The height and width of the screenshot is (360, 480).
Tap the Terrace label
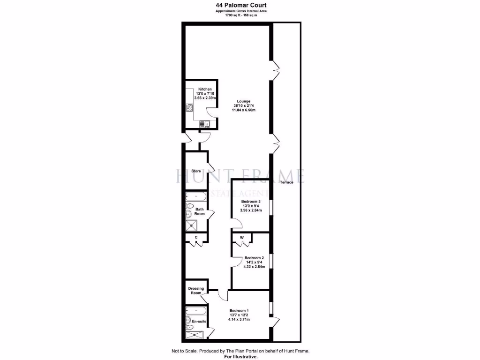(286, 182)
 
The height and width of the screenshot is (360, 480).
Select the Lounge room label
(243, 101)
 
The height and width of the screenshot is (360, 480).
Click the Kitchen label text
(205, 89)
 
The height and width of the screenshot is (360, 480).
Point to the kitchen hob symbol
(190, 108)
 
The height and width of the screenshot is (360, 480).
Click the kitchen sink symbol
(205, 124)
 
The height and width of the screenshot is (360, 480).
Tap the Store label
(196, 171)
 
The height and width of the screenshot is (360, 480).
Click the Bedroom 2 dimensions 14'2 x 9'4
(255, 262)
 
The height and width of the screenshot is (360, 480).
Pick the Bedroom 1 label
(239, 311)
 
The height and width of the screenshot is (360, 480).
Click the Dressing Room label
(196, 291)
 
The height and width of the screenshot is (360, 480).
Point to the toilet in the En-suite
(188, 321)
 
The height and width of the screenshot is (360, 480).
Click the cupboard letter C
(196, 238)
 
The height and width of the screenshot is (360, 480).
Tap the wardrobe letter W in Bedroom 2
(242, 238)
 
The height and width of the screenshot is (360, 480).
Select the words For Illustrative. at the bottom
(240, 357)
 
